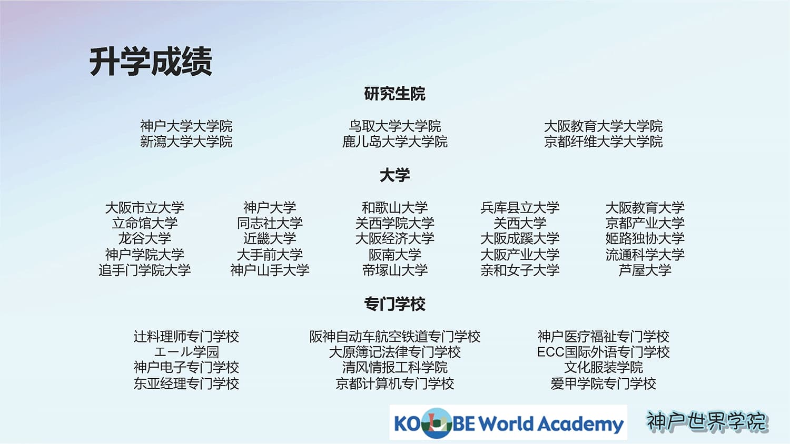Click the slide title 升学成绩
pyautogui.click(x=151, y=62)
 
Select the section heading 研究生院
pyautogui.click(x=394, y=94)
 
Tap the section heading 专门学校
pyautogui.click(x=394, y=304)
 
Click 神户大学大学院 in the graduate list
pyautogui.click(x=186, y=126)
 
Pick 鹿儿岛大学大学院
pyautogui.click(x=394, y=142)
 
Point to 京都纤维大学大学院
pyautogui.click(x=603, y=142)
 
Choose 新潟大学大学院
pyautogui.click(x=186, y=142)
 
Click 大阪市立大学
pyautogui.click(x=145, y=208)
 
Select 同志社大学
pyautogui.click(x=270, y=223)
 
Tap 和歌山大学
pyautogui.click(x=394, y=208)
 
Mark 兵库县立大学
pyautogui.click(x=520, y=208)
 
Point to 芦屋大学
pyautogui.click(x=645, y=270)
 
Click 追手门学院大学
pyautogui.click(x=145, y=270)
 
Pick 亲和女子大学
pyautogui.click(x=520, y=270)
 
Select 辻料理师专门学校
pyautogui.click(x=186, y=337)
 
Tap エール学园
pyautogui.click(x=186, y=352)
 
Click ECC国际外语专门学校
pyautogui.click(x=603, y=352)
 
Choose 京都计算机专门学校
pyautogui.click(x=394, y=384)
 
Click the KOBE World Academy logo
pyautogui.click(x=508, y=422)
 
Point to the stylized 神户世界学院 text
pyautogui.click(x=707, y=421)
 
